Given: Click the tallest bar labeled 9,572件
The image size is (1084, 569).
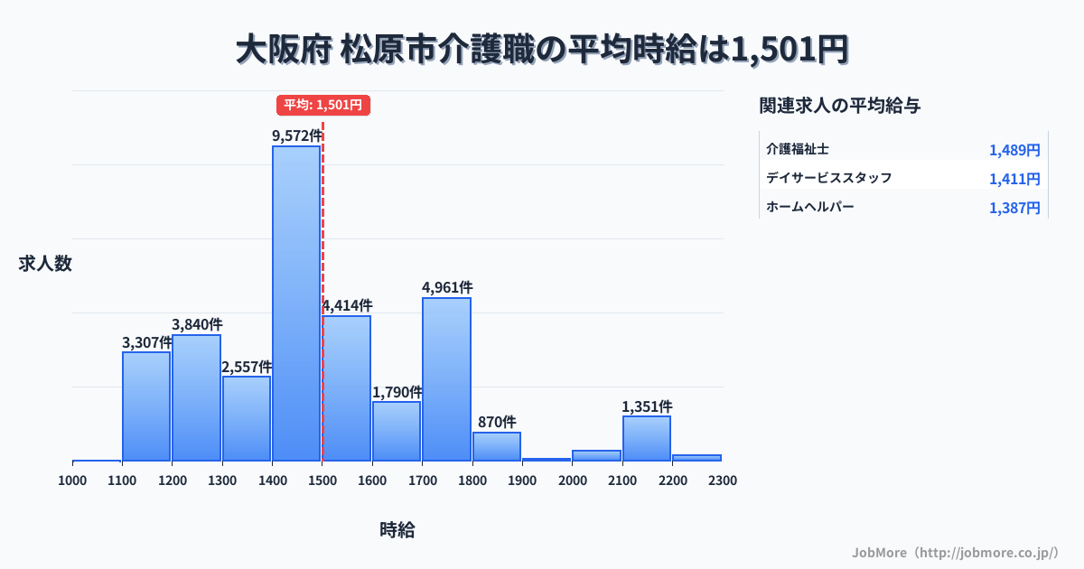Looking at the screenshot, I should (296, 303).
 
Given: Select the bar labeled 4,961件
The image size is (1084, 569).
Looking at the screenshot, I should (446, 379).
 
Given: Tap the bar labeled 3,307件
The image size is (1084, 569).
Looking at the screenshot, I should (146, 406).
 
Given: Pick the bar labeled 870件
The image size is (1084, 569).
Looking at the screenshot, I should (497, 446).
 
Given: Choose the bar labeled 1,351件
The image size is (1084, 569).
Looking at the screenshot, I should (647, 438).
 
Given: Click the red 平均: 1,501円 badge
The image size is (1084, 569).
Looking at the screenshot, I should (323, 105).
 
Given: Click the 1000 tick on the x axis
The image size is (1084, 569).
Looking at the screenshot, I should (72, 480).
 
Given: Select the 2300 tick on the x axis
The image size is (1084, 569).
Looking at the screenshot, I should (723, 480).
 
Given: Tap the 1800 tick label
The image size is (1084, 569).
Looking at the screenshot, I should (472, 480).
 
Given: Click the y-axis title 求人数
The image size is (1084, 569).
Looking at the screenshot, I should (45, 264).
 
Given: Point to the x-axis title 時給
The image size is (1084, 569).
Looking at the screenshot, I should (397, 530).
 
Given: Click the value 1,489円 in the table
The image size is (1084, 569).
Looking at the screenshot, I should (1014, 150).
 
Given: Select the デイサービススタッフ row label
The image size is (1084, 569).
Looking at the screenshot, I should (828, 178).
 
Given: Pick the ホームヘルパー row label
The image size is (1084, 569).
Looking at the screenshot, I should (809, 207).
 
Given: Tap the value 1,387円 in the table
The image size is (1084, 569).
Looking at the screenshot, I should (1014, 208).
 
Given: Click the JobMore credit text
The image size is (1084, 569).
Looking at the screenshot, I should (955, 552).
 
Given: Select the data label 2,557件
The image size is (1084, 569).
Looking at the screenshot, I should (247, 367).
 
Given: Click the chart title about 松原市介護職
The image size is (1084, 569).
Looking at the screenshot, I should (542, 50).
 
